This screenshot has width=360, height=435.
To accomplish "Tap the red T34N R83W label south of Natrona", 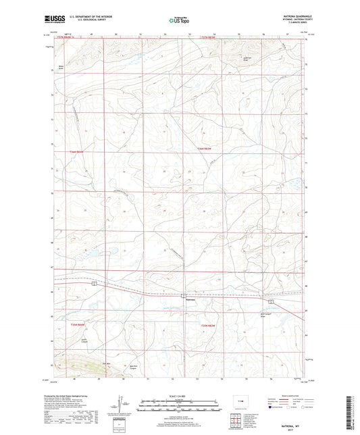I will pyautogui.click(x=208, y=326).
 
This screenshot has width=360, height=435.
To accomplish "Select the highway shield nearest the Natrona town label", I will pyautogui.click(x=183, y=295).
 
